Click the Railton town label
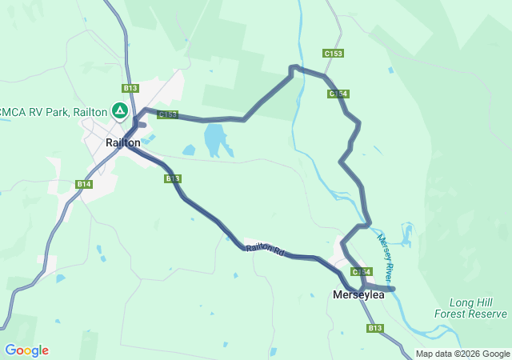click(x=123, y=142)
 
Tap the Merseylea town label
click(x=358, y=294)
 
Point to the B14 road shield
click(x=84, y=184)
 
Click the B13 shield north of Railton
click(x=130, y=88)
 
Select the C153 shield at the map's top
click(x=334, y=54)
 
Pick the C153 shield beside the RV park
click(x=167, y=114)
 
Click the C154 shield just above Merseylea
click(x=362, y=272)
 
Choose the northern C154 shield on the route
click(x=338, y=94)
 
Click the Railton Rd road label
click(x=266, y=250)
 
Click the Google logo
click(x=26, y=350)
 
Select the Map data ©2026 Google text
click(x=462, y=354)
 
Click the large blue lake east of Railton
click(x=216, y=141)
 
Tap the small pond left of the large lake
click(x=189, y=150)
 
